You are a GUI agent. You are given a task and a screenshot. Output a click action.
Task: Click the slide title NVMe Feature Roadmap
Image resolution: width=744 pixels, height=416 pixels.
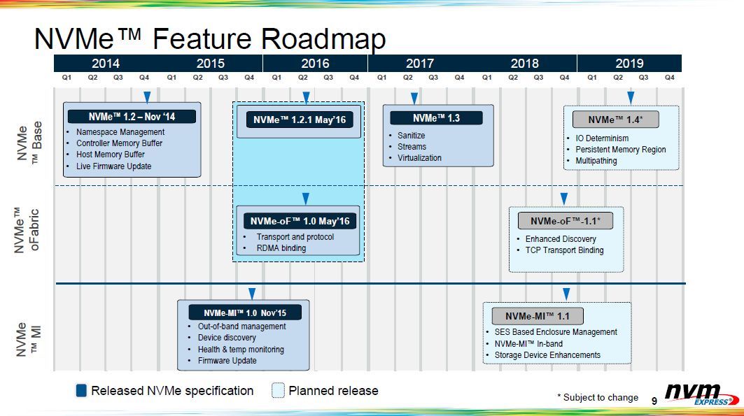209,39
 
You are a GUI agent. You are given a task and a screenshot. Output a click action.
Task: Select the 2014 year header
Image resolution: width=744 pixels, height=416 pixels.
106,63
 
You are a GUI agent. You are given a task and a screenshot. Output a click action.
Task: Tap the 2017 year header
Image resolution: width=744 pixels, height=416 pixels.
420,63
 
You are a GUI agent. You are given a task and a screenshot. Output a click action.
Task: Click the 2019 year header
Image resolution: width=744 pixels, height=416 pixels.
629,63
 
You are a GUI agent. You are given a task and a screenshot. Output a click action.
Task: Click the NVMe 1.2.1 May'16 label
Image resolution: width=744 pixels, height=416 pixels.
299,120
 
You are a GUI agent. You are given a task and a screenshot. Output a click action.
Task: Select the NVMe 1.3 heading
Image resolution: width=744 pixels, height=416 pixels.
436,118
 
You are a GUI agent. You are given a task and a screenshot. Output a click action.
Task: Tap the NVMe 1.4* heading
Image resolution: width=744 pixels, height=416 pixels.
616,120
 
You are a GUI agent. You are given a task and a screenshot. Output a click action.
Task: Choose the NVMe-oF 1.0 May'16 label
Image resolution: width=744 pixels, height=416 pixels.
299,221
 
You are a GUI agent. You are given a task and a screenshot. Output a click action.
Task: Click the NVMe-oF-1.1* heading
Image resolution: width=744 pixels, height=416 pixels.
565,221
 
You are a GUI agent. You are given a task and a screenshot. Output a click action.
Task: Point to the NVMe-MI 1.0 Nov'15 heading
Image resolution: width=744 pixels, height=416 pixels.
244,313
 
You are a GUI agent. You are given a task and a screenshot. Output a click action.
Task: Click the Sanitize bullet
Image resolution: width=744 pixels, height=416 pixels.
412,136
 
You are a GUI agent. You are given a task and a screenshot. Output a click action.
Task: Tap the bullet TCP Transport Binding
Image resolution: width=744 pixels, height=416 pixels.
564,250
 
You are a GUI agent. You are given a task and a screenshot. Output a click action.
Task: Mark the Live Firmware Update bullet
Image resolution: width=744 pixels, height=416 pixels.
113,166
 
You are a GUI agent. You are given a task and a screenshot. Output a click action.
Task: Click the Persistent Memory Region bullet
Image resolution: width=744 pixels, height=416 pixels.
620,150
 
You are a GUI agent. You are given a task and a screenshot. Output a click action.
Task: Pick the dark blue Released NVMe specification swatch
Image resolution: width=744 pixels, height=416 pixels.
81,391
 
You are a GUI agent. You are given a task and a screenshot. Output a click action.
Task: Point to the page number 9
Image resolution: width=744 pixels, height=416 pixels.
654,401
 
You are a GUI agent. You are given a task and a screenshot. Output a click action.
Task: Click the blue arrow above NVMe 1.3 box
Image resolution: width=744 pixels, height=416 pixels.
414,98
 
